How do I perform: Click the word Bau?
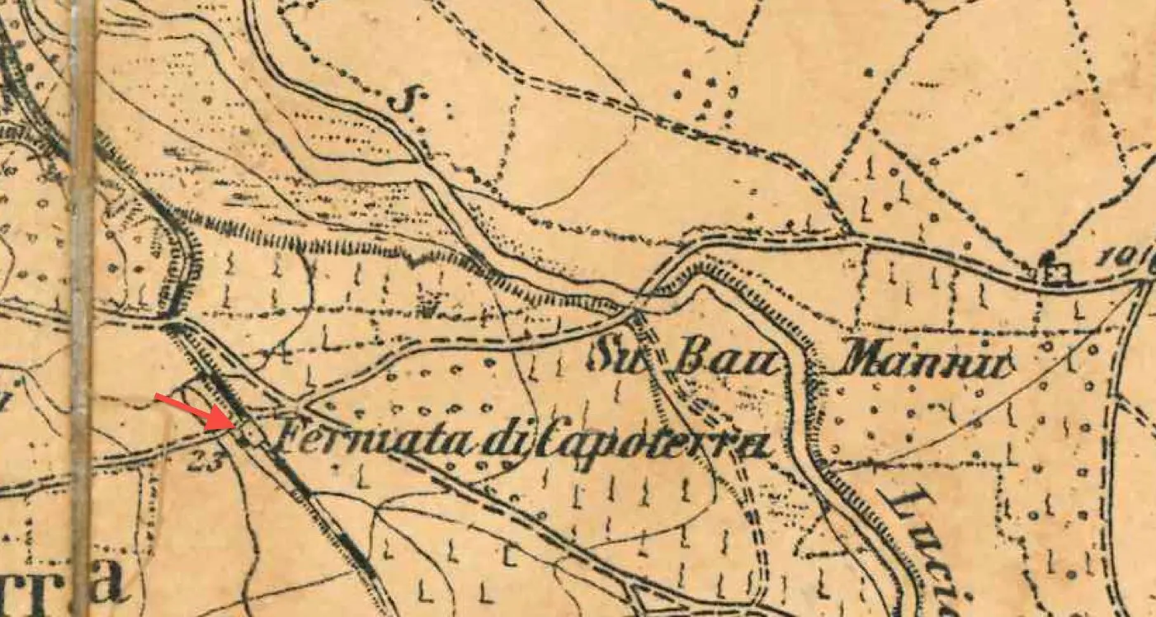(x=726, y=360)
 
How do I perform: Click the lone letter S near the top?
(x=401, y=101)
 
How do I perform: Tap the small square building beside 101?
(x=1057, y=273)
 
